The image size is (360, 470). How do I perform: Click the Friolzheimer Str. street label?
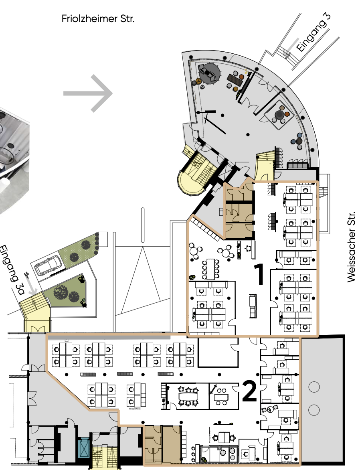click(98, 19)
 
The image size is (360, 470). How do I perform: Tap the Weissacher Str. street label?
click(351, 247)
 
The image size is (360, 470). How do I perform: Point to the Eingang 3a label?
click(11, 270)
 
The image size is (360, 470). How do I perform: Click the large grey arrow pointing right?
click(88, 93)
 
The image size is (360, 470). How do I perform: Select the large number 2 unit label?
click(249, 391)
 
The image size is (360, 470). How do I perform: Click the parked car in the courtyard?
click(49, 265)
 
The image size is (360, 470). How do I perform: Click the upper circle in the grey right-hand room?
click(314, 387)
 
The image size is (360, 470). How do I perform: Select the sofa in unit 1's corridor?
click(253, 306)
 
